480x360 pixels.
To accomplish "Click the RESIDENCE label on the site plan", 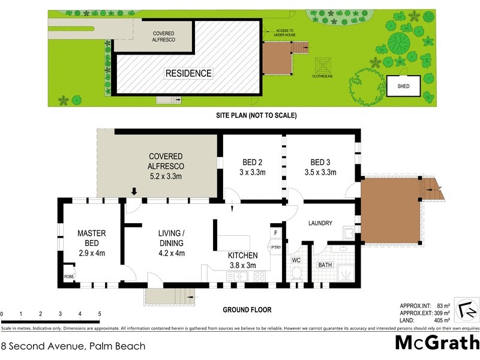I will tap(188, 73).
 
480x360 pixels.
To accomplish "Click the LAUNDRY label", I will tap(320, 223).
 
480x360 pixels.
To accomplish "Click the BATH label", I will tap(325, 264).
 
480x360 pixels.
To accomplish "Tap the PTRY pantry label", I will tap(275, 247).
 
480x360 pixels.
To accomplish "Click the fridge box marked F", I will tap(275, 232).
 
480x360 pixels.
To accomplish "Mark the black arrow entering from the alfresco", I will tap(134, 191).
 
